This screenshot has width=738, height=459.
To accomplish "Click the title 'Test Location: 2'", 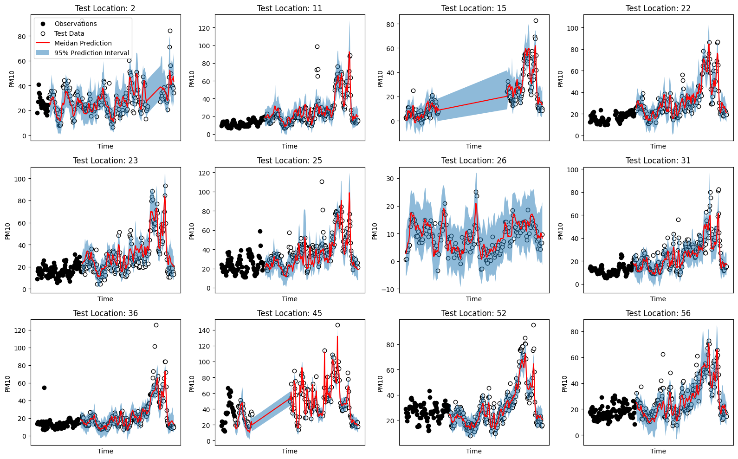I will point(105,8).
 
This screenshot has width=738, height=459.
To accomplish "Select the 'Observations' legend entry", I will point(75,24).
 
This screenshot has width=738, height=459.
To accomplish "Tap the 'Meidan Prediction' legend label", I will point(83,43).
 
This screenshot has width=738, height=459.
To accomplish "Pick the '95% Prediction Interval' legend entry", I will point(91,53).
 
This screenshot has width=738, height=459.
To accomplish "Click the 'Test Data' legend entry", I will point(69,33).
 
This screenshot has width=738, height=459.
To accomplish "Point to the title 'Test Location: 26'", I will point(473,161).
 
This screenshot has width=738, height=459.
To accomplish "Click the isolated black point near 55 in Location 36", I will point(44,388).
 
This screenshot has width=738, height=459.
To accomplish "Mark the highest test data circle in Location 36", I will point(156,325).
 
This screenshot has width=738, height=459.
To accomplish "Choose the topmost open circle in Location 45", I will point(337,325).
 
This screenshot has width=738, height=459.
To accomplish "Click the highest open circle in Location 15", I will point(536,20).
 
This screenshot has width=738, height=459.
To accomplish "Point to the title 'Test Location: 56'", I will point(658,313).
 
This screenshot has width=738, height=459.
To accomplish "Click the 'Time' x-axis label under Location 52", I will point(473,451).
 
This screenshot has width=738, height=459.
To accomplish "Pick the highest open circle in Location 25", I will point(322,181).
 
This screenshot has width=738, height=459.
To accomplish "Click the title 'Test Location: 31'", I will point(658,161).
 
